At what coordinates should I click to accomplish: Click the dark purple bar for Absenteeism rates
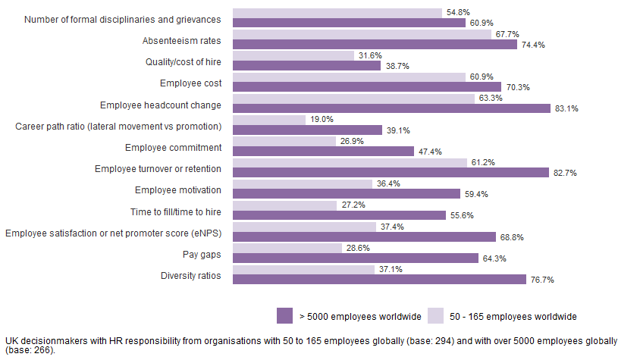(375, 45)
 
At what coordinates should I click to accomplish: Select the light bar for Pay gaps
(287, 248)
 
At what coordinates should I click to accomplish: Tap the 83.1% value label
(566, 108)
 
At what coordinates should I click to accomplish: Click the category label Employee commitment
(173, 147)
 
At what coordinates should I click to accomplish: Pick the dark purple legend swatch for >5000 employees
(285, 315)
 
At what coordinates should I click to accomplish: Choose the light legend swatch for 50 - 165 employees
(436, 315)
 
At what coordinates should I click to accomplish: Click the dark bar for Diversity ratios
(379, 279)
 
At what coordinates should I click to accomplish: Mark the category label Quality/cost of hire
(183, 61)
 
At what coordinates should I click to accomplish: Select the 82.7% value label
(564, 173)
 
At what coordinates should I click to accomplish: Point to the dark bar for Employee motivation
(347, 194)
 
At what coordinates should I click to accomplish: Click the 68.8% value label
(511, 237)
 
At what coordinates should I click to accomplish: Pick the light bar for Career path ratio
(269, 120)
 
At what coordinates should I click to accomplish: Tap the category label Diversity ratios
(190, 275)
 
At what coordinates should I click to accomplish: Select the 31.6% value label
(369, 55)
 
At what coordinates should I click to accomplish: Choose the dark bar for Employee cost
(367, 87)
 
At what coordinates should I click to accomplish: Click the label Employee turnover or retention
(158, 168)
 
